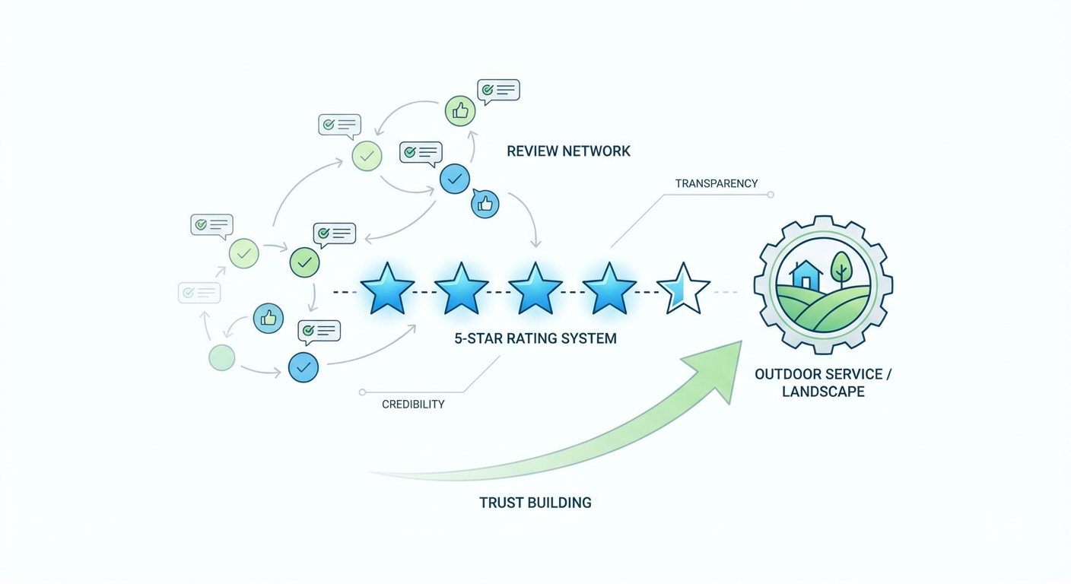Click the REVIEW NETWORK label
click(x=568, y=151)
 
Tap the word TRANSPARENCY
click(x=716, y=183)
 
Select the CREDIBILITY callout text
click(x=413, y=405)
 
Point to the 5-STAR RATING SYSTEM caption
click(x=535, y=338)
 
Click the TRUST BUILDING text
click(x=535, y=503)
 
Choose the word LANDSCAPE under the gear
click(x=822, y=392)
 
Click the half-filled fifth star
click(x=683, y=289)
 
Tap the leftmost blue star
click(x=387, y=289)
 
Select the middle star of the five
click(x=535, y=289)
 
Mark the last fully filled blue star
click(x=609, y=289)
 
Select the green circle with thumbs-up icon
click(x=460, y=111)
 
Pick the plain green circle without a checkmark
click(x=222, y=357)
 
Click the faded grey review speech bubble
click(x=199, y=293)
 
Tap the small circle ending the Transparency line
click(x=771, y=195)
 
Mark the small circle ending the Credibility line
click(x=362, y=392)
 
